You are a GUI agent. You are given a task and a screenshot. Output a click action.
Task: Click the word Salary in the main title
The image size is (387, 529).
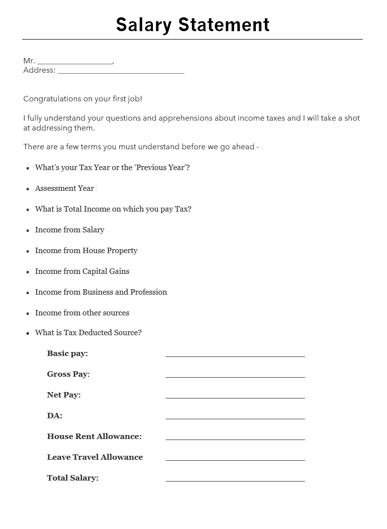(144, 25)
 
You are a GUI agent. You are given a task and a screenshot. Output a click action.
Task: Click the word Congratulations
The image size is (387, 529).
(52, 99)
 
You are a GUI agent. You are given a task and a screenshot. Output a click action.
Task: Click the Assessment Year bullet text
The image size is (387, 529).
(64, 188)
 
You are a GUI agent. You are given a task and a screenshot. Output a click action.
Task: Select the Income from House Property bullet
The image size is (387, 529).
(86, 251)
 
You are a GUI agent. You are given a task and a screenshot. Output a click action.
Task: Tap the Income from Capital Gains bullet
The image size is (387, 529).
(82, 271)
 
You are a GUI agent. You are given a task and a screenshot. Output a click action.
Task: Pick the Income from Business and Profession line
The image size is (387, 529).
(101, 292)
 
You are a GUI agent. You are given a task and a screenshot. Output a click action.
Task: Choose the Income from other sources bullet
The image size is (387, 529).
(82, 313)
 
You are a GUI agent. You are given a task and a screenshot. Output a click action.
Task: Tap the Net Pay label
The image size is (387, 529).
(64, 395)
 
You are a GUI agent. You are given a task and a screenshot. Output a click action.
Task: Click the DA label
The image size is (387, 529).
(54, 416)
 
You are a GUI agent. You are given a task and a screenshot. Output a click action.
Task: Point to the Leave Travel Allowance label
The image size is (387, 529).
(95, 457)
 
